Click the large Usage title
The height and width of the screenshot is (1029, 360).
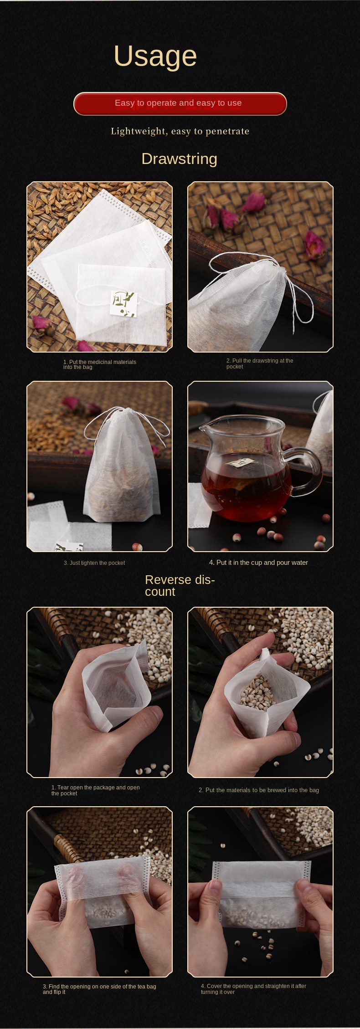coord(155,56)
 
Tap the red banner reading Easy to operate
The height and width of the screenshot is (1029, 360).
coord(180,103)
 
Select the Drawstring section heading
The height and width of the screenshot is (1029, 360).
coord(179,159)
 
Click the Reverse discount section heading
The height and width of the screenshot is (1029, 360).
coord(180,585)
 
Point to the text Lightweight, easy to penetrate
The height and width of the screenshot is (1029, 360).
coord(180,131)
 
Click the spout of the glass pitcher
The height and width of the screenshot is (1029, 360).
coord(203,428)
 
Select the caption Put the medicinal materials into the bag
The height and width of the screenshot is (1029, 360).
coord(99,364)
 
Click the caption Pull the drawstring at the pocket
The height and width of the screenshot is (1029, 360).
coord(260,363)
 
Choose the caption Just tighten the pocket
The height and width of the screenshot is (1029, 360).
coord(94,563)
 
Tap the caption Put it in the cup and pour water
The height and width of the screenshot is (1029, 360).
coord(258,563)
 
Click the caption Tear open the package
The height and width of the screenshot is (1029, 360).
coord(95,790)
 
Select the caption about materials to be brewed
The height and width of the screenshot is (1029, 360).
coord(259,790)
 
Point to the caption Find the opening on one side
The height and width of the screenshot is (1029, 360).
coord(99,989)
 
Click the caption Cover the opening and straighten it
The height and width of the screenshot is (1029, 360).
coord(253,988)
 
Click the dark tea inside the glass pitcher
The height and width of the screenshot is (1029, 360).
coord(246,492)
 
